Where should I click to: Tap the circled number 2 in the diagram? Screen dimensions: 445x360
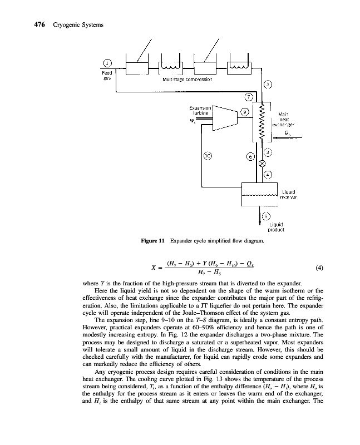(x=268, y=85)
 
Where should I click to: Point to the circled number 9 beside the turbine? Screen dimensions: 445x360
(x=244, y=112)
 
